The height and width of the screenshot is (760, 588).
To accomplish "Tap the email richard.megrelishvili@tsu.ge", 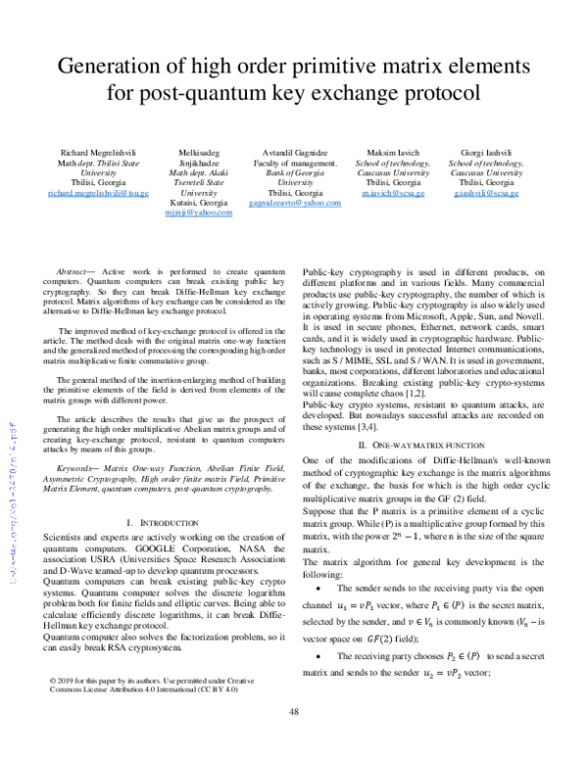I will tap(97, 193).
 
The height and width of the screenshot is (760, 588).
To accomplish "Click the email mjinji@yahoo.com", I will tap(206, 213).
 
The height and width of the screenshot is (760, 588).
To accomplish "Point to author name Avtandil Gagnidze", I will tap(296, 154).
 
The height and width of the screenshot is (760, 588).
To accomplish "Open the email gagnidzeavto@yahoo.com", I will tap(295, 203).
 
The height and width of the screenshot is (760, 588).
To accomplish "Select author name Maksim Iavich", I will tap(390, 154).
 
